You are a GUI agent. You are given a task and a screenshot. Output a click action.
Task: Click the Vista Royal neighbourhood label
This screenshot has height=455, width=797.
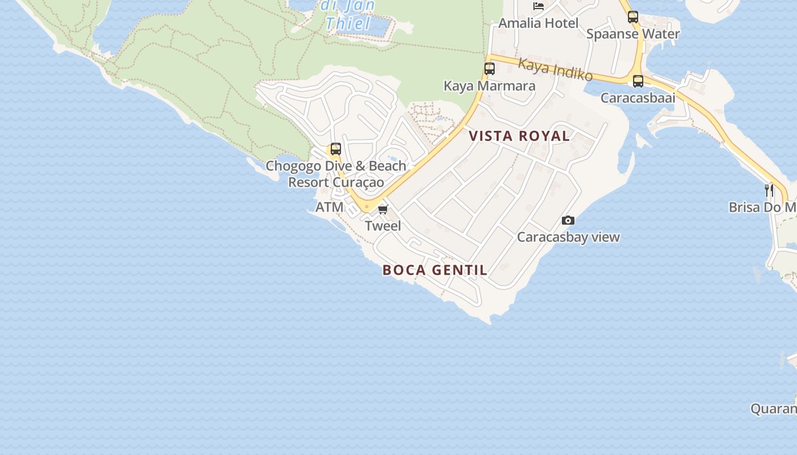519,136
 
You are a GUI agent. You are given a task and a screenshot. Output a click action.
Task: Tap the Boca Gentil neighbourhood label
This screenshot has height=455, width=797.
435,270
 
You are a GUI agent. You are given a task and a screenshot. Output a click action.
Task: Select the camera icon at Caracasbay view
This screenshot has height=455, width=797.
568,221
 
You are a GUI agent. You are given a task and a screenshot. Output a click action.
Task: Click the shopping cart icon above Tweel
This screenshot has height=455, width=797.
383,210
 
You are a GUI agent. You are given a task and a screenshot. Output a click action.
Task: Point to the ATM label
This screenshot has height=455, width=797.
330,207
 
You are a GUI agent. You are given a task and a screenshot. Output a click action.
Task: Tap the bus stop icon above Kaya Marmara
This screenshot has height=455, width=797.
489,69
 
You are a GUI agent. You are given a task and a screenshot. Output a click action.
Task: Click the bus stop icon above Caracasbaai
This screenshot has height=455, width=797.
638,81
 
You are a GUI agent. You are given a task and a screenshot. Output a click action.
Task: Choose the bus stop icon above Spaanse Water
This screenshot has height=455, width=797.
633,17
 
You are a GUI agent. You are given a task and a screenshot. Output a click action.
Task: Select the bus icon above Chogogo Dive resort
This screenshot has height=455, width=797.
336,149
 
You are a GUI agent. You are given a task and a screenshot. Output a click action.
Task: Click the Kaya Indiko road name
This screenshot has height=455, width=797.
555,70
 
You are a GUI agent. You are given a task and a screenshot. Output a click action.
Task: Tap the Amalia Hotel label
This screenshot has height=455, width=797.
538,23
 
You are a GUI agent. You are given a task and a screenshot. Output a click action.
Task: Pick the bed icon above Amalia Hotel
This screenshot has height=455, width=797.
538,6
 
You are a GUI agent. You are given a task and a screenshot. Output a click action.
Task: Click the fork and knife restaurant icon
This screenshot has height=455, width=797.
769,190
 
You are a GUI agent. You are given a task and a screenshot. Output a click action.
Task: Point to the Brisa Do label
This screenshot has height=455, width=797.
762,207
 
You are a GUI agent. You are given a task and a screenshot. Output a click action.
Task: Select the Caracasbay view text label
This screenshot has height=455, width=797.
568,237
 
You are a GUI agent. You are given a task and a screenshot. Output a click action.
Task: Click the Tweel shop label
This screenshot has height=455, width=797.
383,226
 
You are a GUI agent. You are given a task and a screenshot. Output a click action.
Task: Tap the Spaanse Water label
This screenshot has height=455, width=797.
633,34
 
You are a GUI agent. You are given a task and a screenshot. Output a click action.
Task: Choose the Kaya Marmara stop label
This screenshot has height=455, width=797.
489,86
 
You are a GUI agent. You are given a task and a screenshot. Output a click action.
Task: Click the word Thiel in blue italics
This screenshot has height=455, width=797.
348,24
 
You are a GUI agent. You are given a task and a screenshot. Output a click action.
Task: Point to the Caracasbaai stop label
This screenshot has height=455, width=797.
638,98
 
